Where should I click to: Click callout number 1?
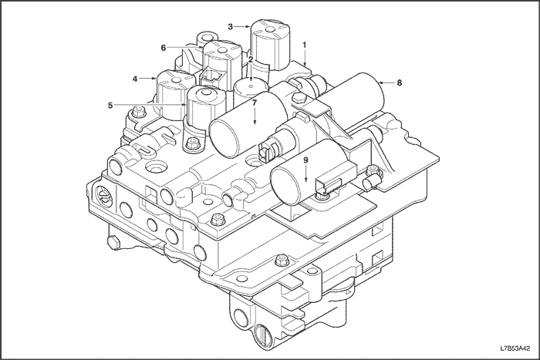305,45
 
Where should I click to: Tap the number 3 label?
231,26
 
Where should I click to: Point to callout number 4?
134,79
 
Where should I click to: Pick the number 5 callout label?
110,106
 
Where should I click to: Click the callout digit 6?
164,48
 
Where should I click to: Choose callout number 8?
400,81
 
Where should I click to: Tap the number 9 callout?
305,160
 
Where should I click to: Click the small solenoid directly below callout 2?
251,86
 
